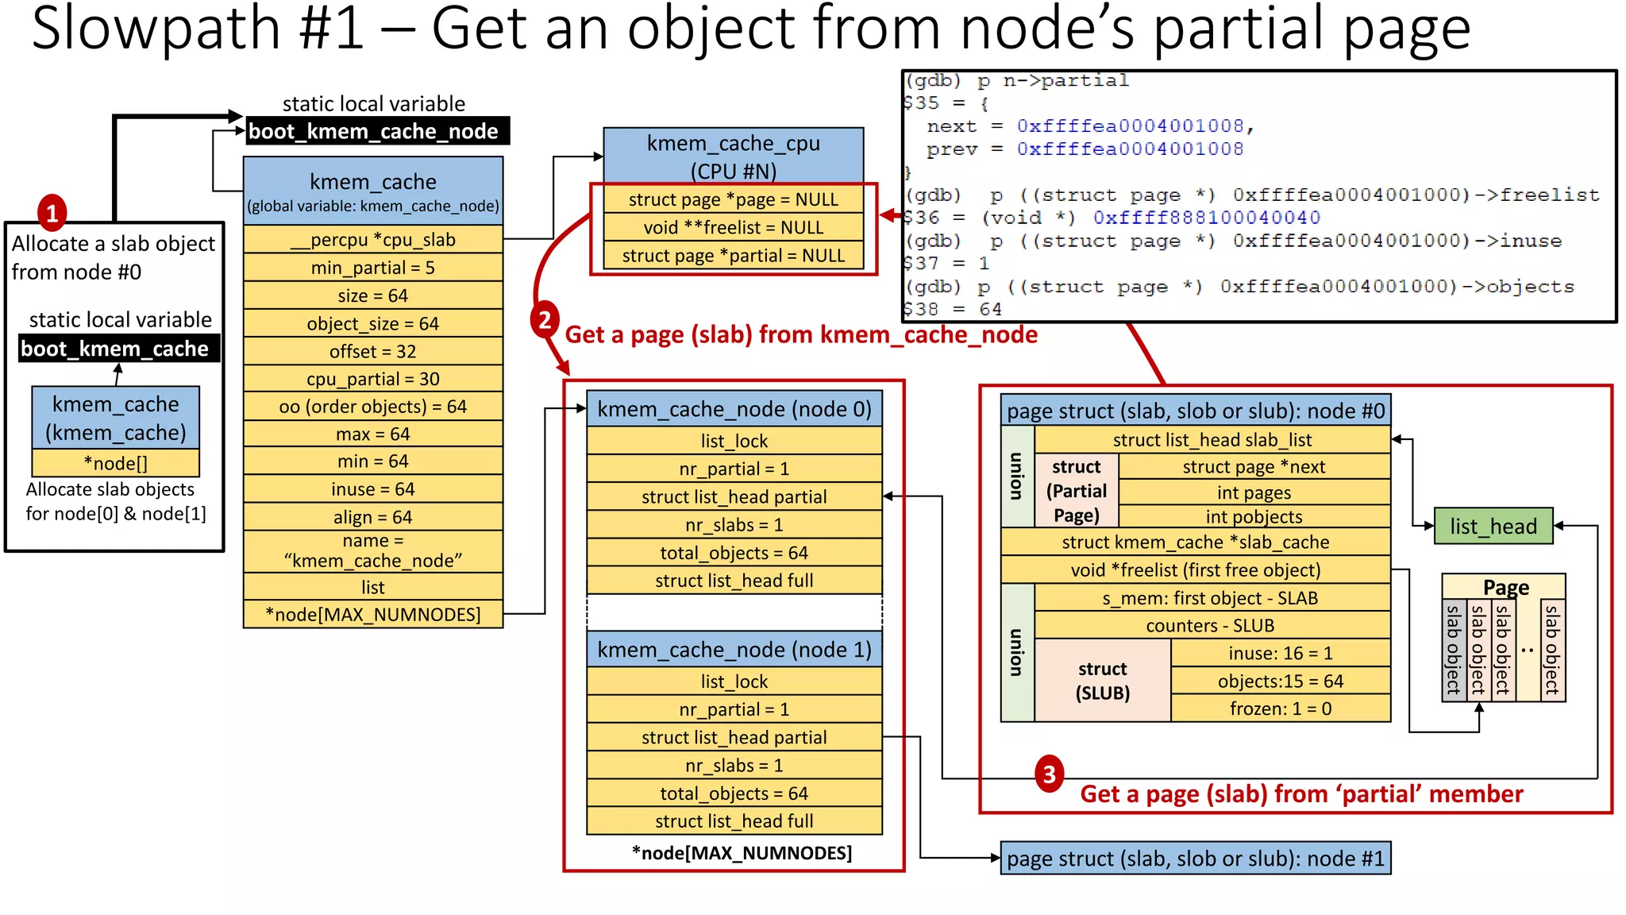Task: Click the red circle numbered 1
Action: coord(52,213)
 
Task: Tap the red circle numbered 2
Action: coord(545,319)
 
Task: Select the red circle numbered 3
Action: coord(1049,774)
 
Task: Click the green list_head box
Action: coord(1493,526)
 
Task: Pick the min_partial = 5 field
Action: coord(372,268)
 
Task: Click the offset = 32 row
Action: coord(372,351)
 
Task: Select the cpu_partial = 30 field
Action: coord(372,379)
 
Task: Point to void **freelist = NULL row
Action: coord(733,227)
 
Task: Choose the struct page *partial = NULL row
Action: coord(733,256)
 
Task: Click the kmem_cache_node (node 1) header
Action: coord(734,650)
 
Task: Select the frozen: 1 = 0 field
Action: coord(1280,708)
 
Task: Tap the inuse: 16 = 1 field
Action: coord(1280,653)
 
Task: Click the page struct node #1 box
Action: coord(1195,859)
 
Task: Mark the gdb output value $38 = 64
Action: coord(953,309)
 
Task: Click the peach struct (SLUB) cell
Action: coord(1102,681)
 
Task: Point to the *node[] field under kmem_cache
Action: coord(115,463)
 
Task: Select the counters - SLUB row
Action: coord(1210,625)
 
